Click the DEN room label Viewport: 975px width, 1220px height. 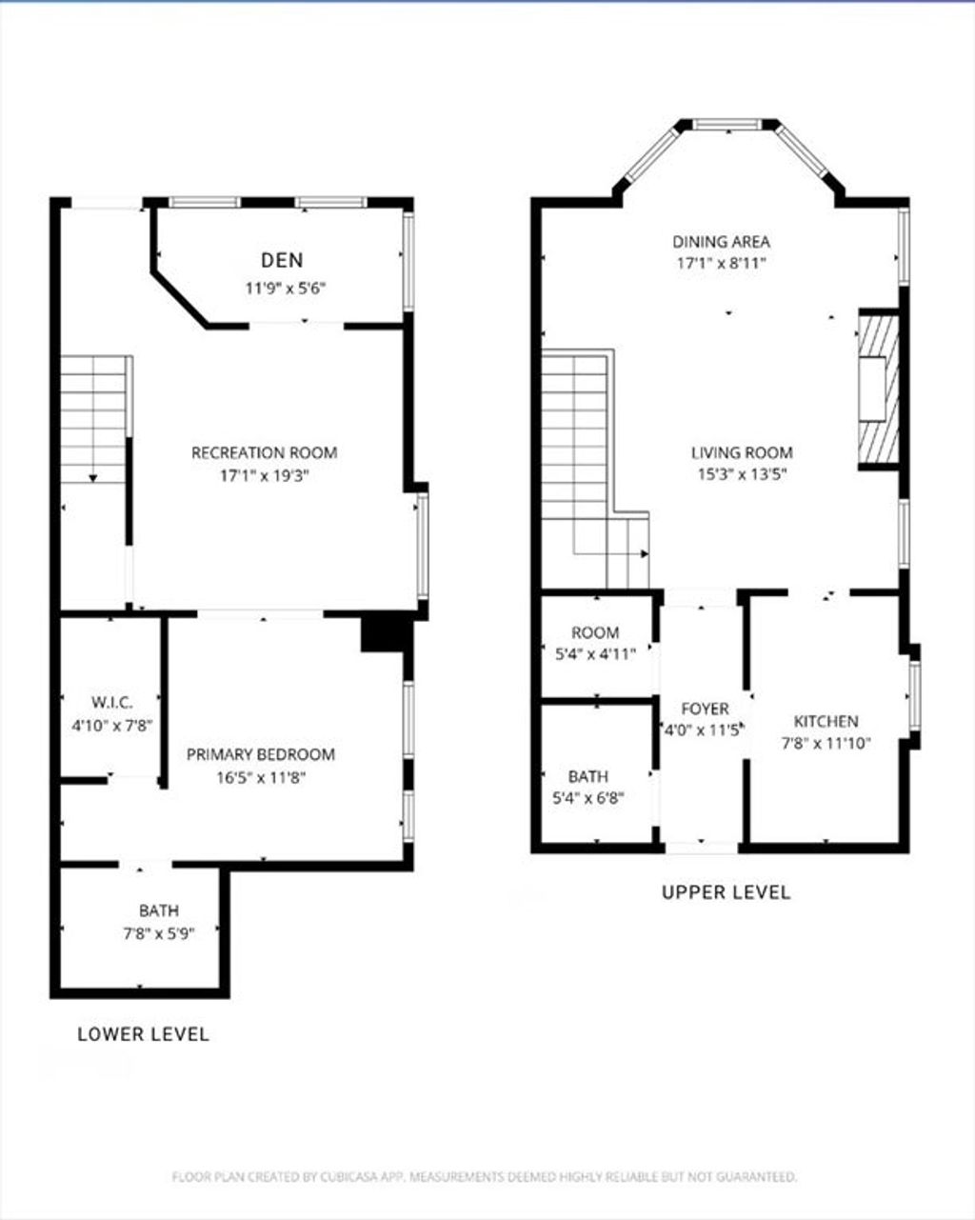[x=282, y=260]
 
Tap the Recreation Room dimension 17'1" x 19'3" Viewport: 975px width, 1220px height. [x=264, y=475]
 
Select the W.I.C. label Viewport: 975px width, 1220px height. [x=112, y=703]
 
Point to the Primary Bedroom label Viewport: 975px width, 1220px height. [x=261, y=754]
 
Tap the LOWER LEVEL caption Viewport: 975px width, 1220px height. [x=144, y=1034]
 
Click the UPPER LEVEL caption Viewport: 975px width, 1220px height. [x=726, y=892]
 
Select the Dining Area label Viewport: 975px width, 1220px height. [x=721, y=242]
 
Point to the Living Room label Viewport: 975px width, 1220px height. [x=742, y=453]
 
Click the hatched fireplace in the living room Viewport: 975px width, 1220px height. [x=879, y=390]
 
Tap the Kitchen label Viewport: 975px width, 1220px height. [x=826, y=722]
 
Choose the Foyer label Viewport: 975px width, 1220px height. [x=705, y=709]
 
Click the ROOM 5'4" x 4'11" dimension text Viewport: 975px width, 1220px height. [x=595, y=654]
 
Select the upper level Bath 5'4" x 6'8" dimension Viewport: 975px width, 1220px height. [x=588, y=798]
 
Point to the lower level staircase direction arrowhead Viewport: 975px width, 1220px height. [x=93, y=478]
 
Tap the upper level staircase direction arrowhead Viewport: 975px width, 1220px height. [x=645, y=553]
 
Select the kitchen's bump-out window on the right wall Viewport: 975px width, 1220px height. [x=915, y=695]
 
